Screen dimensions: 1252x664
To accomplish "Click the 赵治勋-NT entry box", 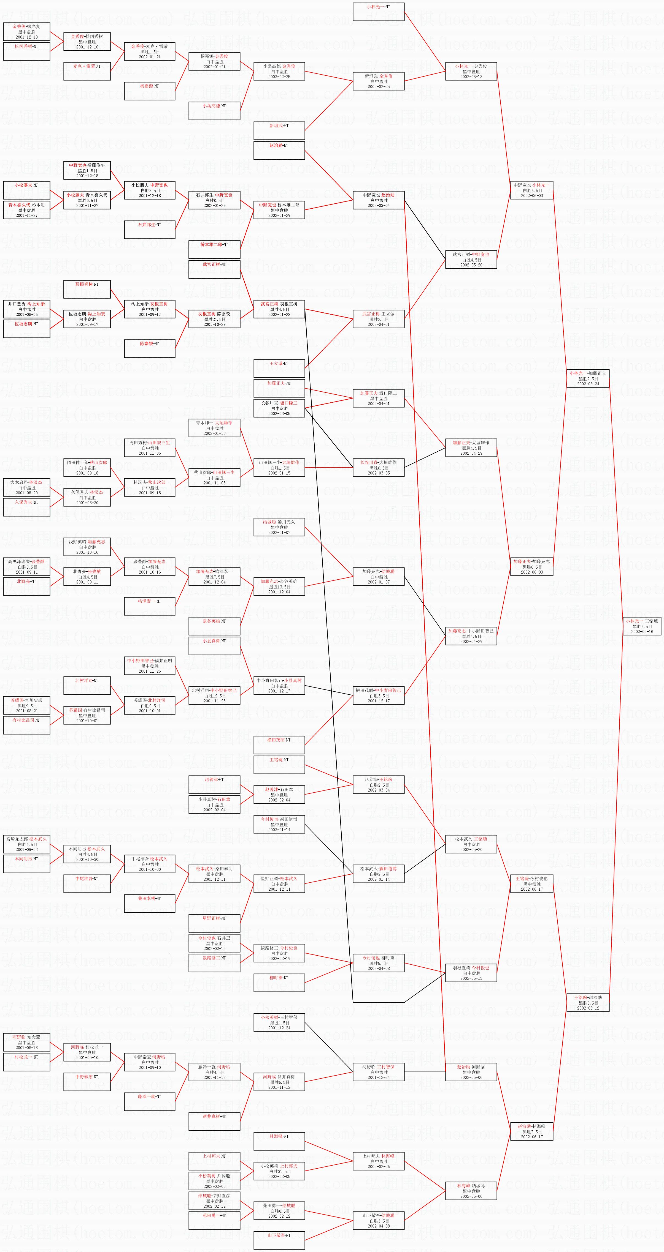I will pyautogui.click(x=279, y=150).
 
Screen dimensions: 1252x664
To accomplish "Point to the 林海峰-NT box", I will pyautogui.click(x=279, y=1141).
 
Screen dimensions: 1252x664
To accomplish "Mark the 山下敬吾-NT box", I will pyautogui.click(x=279, y=1240).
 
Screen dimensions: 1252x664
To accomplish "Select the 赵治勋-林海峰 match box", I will pyautogui.click(x=531, y=1131).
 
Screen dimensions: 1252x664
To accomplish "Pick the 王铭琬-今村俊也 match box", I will pyautogui.click(x=531, y=883).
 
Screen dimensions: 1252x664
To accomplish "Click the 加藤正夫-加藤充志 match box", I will pyautogui.click(x=531, y=567).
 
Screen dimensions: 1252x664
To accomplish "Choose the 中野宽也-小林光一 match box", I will pyautogui.click(x=531, y=190).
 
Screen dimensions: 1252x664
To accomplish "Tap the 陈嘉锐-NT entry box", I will pyautogui.click(x=149, y=348).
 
